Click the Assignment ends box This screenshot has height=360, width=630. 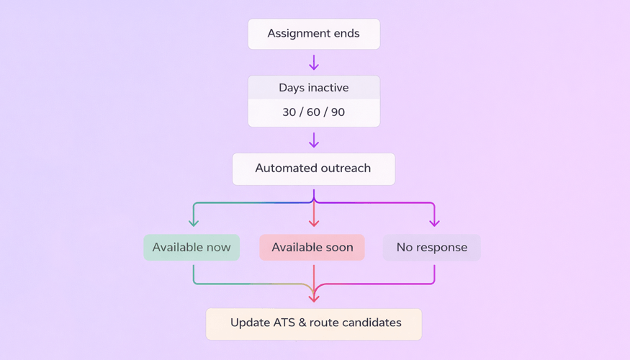point(314,34)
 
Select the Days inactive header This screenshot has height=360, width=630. point(314,88)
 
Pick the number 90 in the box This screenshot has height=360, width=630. point(337,112)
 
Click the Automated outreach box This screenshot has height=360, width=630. point(313,168)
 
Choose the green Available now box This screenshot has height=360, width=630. point(192,248)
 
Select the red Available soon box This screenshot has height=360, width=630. point(312,248)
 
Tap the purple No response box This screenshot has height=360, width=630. point(432,248)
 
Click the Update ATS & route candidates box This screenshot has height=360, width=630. point(314,323)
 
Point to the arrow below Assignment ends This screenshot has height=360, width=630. point(314,63)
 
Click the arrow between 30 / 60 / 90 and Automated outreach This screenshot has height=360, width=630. point(314,140)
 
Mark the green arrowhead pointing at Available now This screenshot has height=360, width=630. point(194,222)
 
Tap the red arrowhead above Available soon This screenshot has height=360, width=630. point(314,222)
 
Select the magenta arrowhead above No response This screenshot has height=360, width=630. point(434,222)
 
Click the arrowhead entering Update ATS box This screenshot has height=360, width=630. point(314,297)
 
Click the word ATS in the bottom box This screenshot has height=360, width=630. point(282,323)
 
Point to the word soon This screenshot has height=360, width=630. point(338,248)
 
